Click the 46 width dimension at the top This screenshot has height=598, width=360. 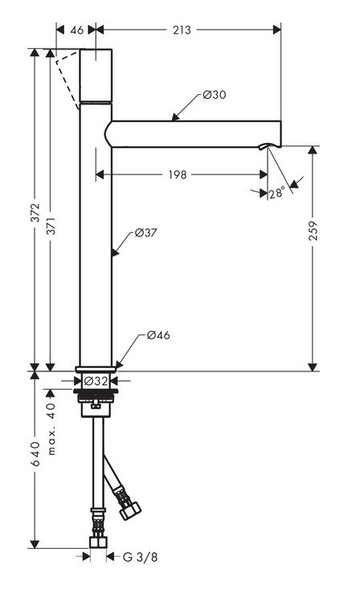77,30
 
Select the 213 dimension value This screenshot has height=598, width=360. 182,30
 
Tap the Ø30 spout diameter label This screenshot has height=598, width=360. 214,94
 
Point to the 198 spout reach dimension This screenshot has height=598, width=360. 178,174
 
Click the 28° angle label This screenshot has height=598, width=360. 277,193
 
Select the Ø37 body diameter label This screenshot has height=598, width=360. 145,232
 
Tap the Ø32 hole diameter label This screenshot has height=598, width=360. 96,381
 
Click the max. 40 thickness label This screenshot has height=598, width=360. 51,428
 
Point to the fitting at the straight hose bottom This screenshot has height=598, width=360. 98,535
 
